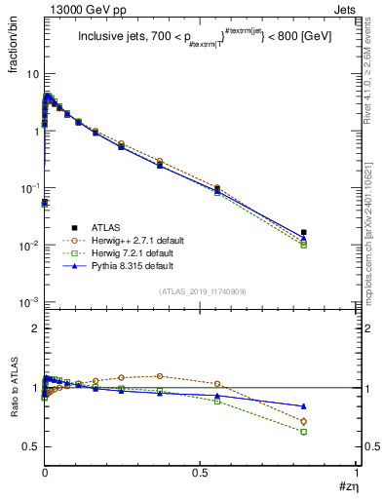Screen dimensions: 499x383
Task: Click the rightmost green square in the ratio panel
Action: pos(304,431)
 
